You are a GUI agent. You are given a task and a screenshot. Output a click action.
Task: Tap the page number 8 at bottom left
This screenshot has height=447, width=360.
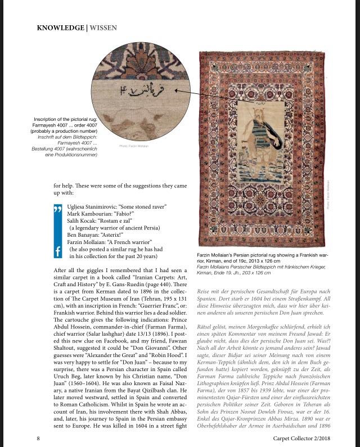(38, 437)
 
